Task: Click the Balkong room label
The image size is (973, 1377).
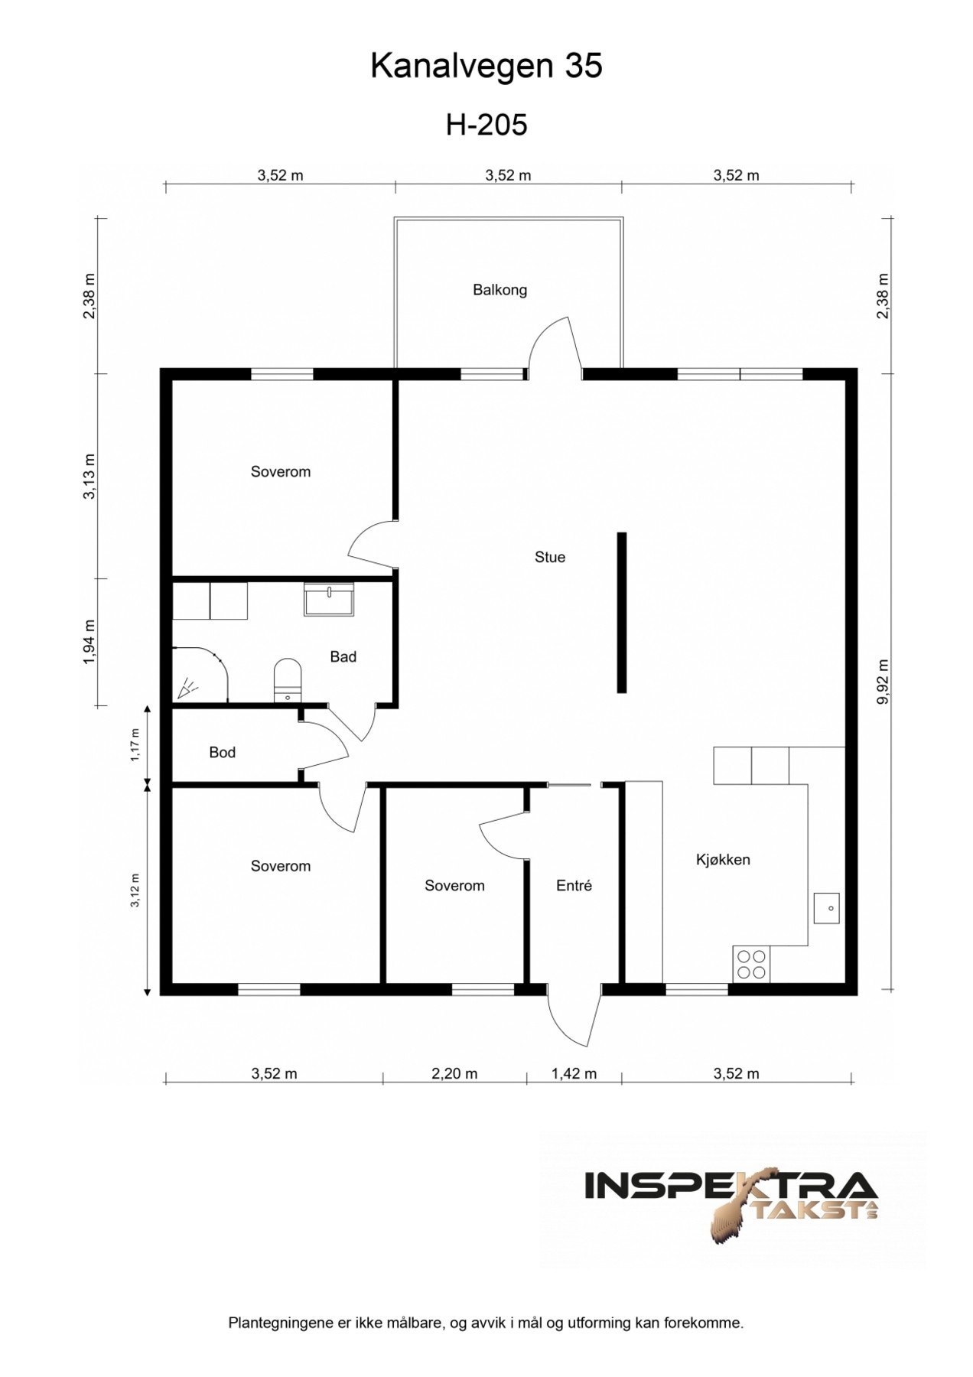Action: pyautogui.click(x=500, y=290)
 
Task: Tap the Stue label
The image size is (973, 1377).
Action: pyautogui.click(x=549, y=557)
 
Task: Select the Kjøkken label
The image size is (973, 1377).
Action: pyautogui.click(x=722, y=859)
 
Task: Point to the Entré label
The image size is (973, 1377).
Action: pyautogui.click(x=574, y=885)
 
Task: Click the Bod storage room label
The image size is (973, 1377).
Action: pyautogui.click(x=222, y=752)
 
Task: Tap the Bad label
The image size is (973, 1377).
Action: pyautogui.click(x=343, y=656)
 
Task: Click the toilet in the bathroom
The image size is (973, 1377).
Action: pyautogui.click(x=288, y=680)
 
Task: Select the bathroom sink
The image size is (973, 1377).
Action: pyautogui.click(x=328, y=599)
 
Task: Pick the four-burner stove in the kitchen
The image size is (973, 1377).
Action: pyautogui.click(x=750, y=964)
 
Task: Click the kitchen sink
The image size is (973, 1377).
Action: pyautogui.click(x=826, y=908)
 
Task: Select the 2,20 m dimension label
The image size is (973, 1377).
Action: pyautogui.click(x=454, y=1073)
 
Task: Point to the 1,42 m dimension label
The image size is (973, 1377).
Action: pyautogui.click(x=574, y=1073)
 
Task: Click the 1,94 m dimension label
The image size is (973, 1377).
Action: pyautogui.click(x=89, y=643)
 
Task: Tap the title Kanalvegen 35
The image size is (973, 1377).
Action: pyautogui.click(x=486, y=67)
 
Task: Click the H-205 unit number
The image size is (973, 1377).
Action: pyautogui.click(x=486, y=124)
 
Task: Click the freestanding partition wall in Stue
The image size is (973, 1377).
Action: pyautogui.click(x=622, y=613)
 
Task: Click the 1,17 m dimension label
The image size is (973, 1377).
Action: pyautogui.click(x=135, y=744)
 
